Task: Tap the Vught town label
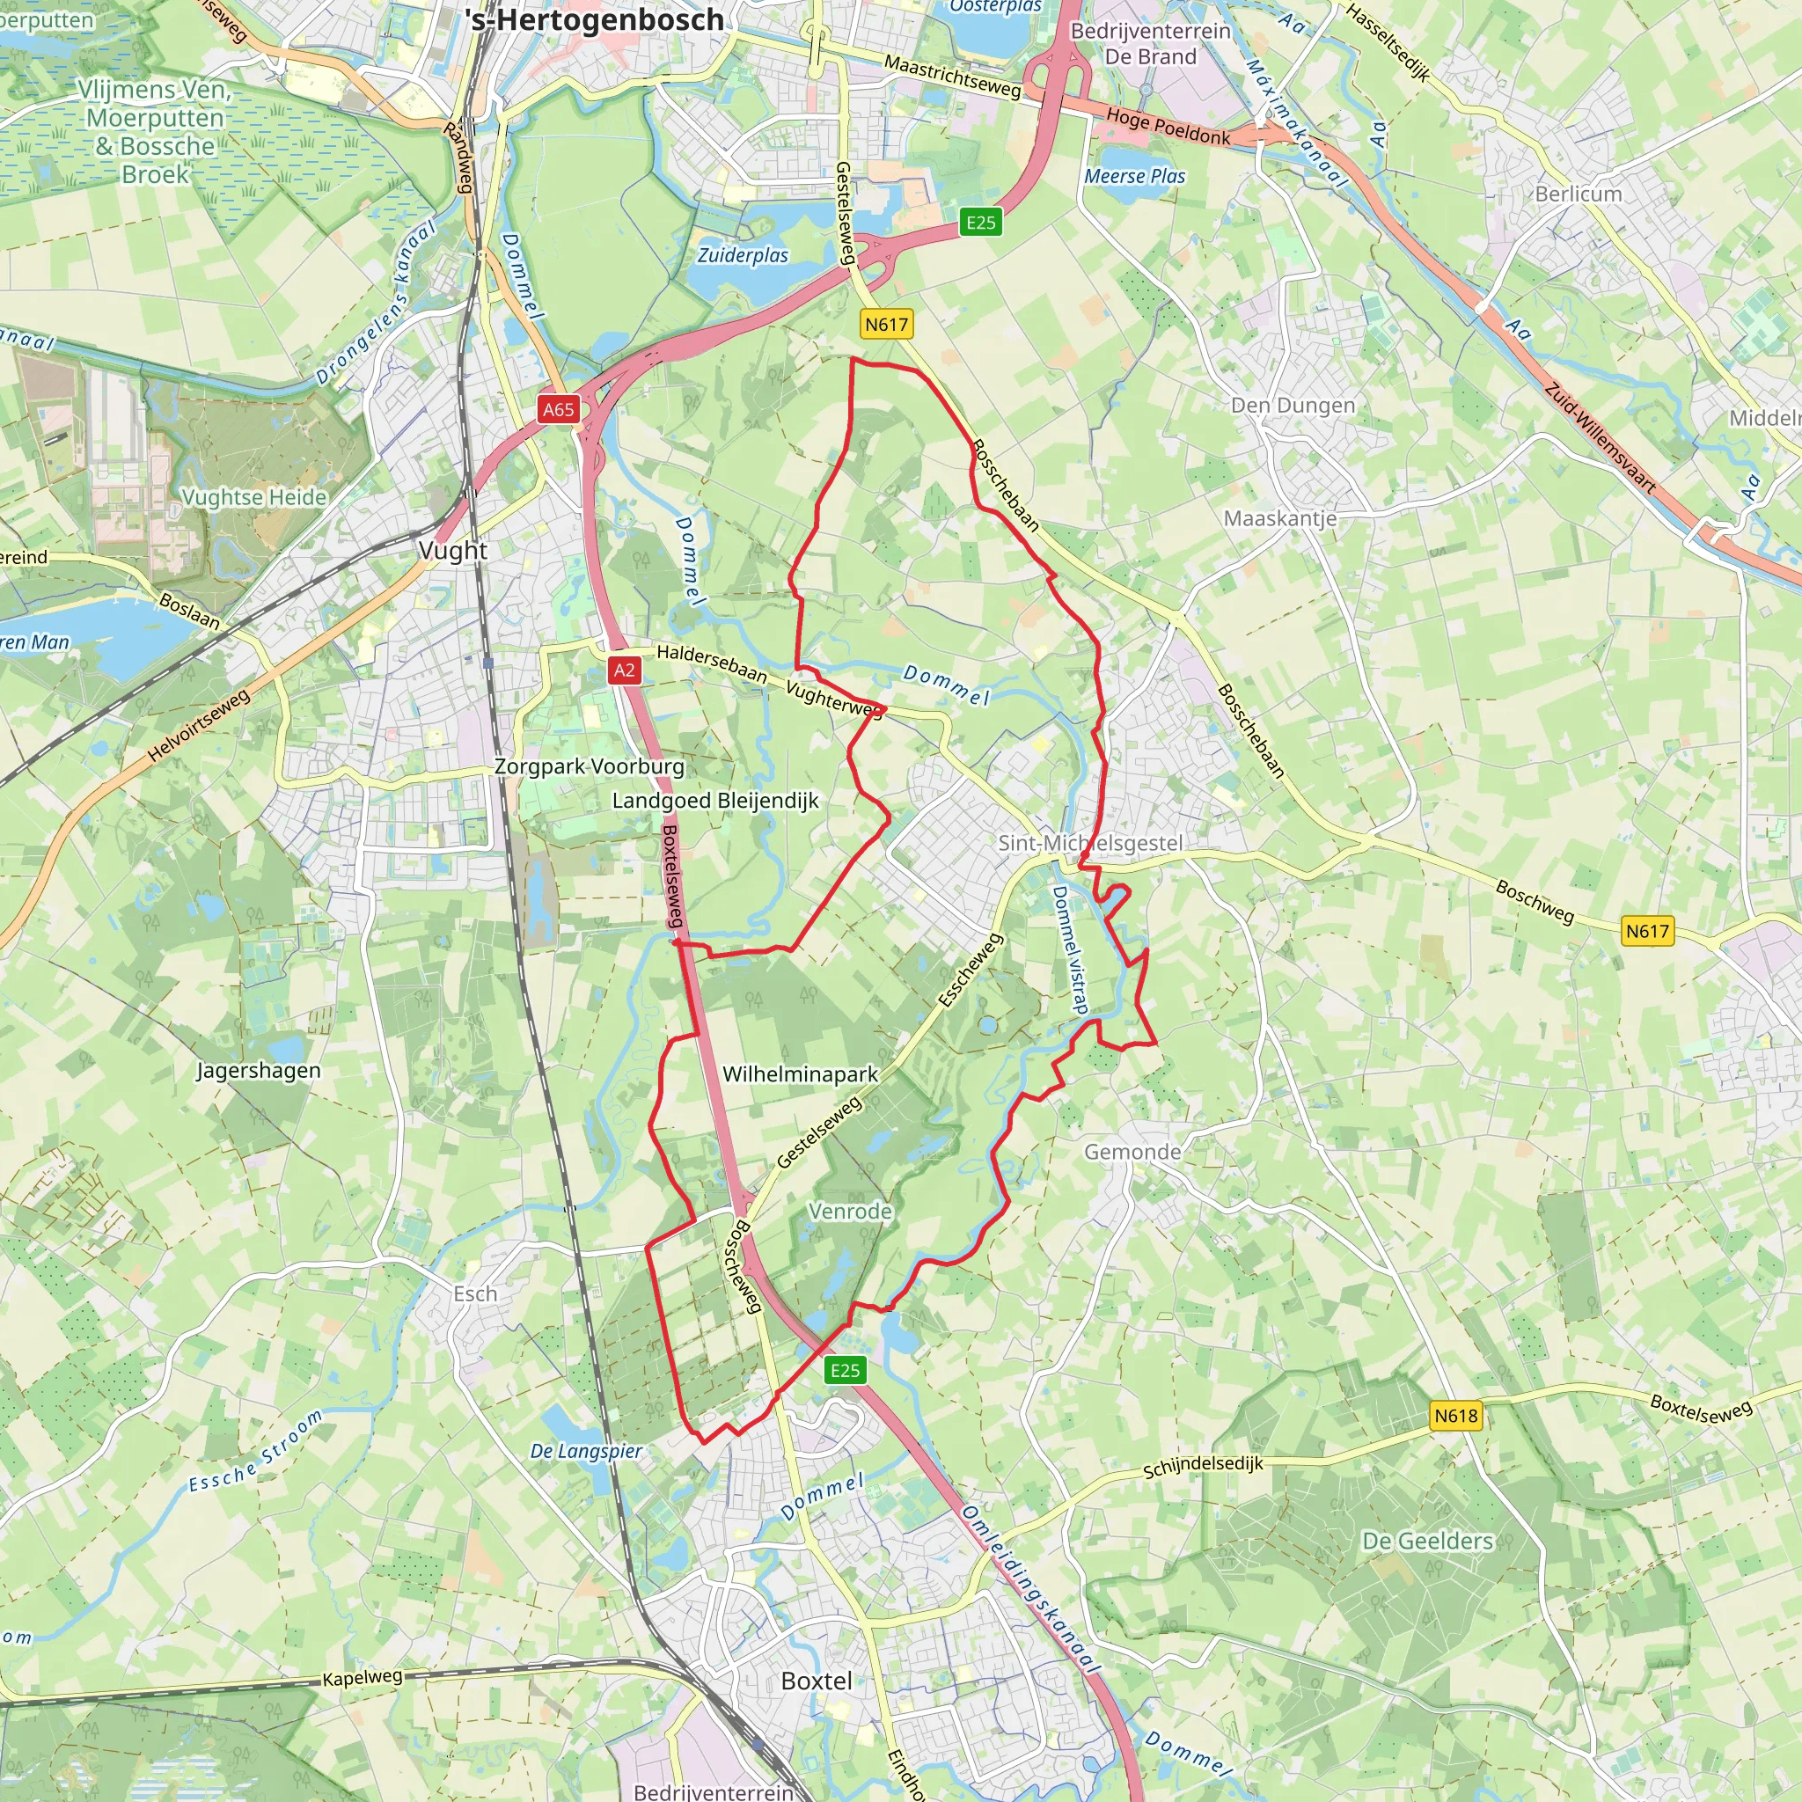[x=452, y=550]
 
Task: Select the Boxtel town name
[x=817, y=1681]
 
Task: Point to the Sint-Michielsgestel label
[x=1089, y=843]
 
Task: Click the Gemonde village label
[x=1132, y=1152]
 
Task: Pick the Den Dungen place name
[x=1292, y=406]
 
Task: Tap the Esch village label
[x=475, y=1293]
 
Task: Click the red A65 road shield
[x=558, y=409]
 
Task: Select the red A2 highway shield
[x=624, y=670]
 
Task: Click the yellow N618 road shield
[x=1455, y=1416]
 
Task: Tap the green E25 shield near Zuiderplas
[x=980, y=222]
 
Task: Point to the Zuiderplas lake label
[x=743, y=255]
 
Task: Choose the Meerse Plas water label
[x=1134, y=176]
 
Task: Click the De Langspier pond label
[x=586, y=1451]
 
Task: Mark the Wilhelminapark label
[x=799, y=1074]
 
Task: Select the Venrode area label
[x=850, y=1212]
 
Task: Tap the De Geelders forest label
[x=1427, y=1541]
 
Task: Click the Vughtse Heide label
[x=253, y=497]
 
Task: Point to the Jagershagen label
[x=258, y=1071]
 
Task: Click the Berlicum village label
[x=1579, y=194]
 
